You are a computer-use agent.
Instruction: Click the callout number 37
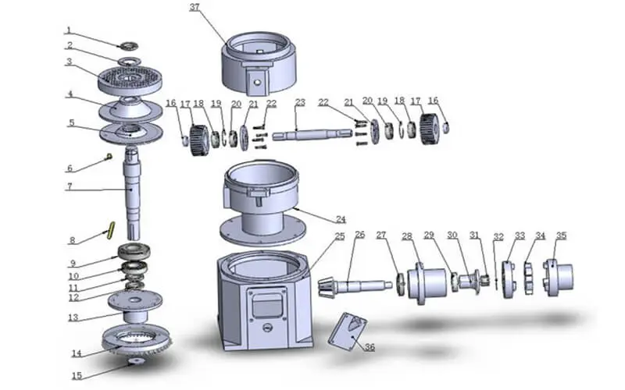pos(195,7)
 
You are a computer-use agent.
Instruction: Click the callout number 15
pos(77,376)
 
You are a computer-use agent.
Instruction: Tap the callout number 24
pos(340,220)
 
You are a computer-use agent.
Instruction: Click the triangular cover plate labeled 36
pos(350,331)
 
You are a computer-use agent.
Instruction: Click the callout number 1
pos(70,30)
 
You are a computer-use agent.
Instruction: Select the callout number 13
pos(73,317)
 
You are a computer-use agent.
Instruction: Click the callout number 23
pos(300,102)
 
